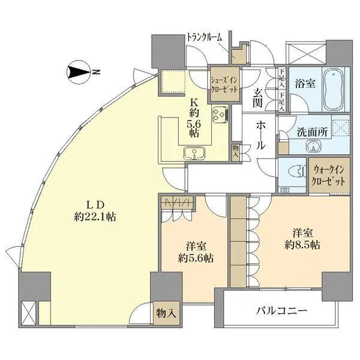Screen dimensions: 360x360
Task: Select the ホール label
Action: click(262, 136)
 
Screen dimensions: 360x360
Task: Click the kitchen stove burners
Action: click(218, 113)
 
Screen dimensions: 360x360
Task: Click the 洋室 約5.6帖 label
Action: click(193, 252)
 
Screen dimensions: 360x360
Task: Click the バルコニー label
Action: click(283, 311)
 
